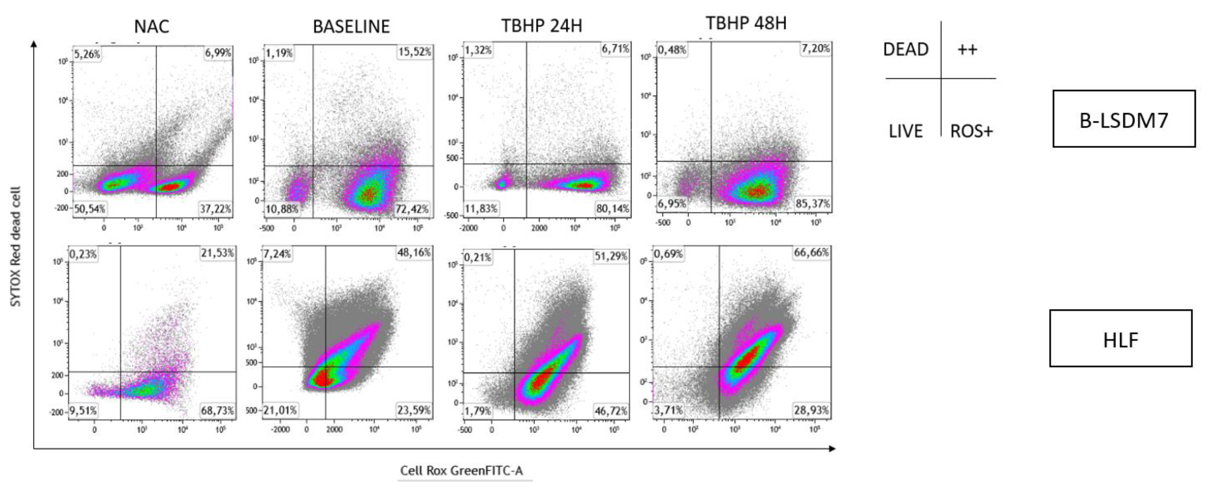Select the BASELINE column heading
tap(351, 27)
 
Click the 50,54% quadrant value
tap(89, 209)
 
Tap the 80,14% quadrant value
tap(612, 209)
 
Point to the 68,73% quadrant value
tap(217, 411)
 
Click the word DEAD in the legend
tap(905, 49)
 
